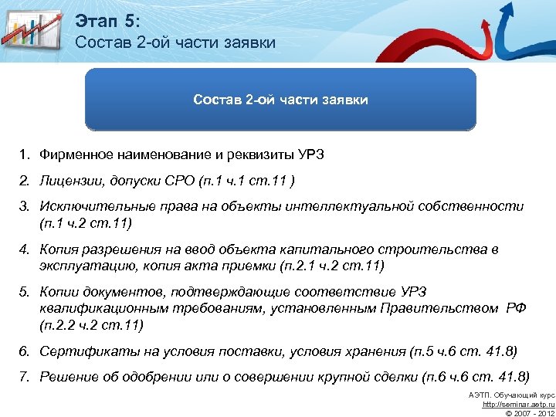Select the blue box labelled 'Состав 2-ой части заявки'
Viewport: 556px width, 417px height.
click(x=280, y=100)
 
